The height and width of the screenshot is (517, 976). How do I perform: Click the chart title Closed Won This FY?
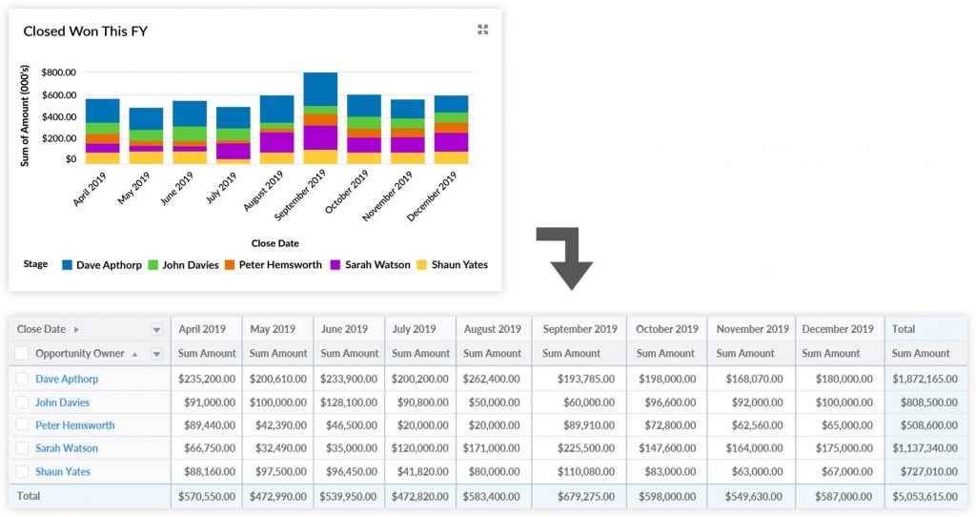85,31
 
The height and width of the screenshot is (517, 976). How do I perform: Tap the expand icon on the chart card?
482,31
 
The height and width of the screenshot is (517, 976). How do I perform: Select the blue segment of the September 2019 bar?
320,89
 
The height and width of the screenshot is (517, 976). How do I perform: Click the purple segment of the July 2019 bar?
233,151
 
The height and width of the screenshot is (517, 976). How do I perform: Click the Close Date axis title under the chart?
274,243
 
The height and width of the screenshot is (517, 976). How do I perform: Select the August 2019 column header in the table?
493,329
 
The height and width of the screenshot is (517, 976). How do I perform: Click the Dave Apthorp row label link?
67,379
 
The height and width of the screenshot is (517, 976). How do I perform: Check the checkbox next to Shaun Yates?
23,471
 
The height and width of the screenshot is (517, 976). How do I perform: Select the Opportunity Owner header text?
80,354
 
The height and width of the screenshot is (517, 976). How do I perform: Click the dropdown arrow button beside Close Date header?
156,330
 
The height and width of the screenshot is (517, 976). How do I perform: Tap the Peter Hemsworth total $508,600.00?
924,425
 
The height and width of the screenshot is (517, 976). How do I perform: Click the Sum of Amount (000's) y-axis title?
26,115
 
